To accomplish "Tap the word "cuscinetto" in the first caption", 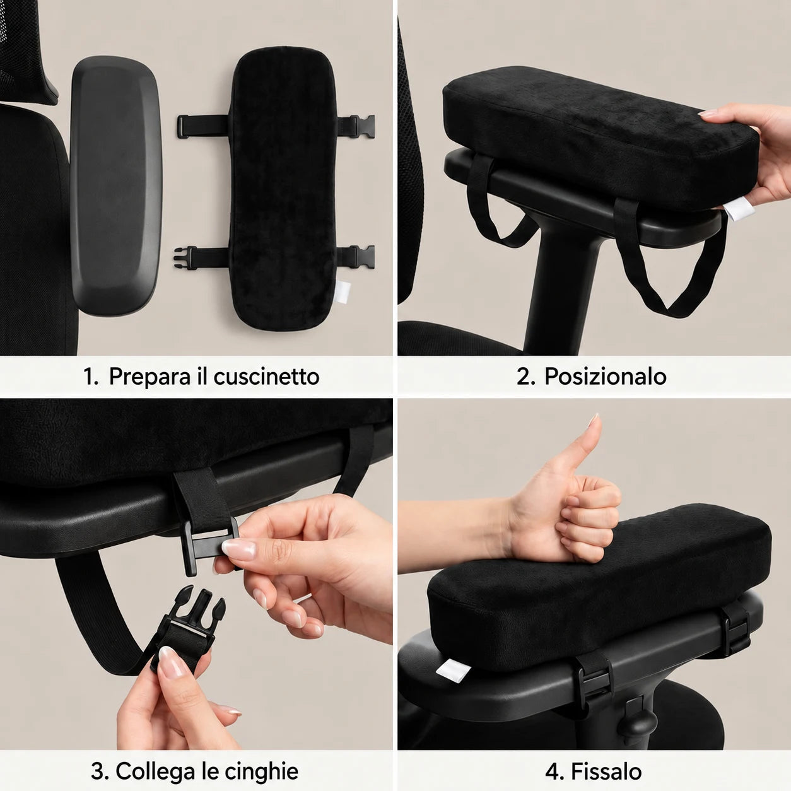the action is [266, 376].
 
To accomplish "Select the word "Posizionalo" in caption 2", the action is [605, 376].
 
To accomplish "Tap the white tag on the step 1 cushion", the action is [341, 291].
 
